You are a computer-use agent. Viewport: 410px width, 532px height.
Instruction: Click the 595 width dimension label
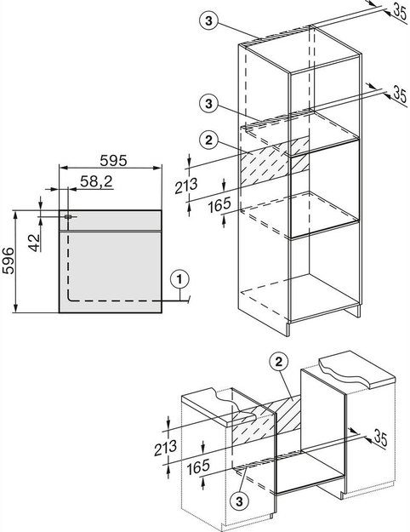tap(113, 161)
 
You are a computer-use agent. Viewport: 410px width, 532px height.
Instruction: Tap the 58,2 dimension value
tap(96, 181)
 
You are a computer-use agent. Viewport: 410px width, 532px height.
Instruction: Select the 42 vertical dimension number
tap(34, 243)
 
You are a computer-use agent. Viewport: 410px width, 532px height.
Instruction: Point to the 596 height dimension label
tap(9, 260)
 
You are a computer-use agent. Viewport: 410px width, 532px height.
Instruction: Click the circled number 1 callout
tap(179, 280)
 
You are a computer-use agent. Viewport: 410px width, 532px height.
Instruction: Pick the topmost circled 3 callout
tap(208, 20)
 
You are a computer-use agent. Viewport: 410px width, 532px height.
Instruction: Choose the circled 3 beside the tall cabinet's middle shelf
tap(208, 104)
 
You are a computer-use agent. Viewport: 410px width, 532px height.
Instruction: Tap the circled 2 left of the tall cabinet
tap(208, 140)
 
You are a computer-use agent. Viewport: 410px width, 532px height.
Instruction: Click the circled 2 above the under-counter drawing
tap(278, 363)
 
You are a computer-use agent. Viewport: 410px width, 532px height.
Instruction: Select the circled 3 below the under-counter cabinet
tap(239, 501)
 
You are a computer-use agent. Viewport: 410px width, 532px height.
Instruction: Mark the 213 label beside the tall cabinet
tap(185, 186)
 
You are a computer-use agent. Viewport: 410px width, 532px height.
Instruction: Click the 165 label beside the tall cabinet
tap(219, 205)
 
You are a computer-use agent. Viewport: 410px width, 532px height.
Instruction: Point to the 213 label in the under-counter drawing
tap(165, 448)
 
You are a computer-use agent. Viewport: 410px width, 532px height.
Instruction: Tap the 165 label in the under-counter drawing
tap(198, 466)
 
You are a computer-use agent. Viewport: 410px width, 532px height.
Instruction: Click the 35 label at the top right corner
tap(400, 12)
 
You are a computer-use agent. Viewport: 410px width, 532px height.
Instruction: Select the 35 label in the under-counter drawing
tap(380, 438)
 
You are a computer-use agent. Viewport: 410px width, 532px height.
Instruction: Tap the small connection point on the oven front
tap(68, 216)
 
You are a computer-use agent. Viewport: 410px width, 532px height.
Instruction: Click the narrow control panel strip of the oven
tap(111, 220)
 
